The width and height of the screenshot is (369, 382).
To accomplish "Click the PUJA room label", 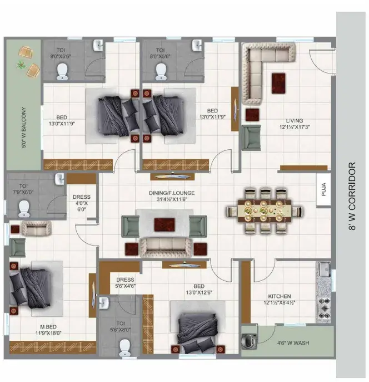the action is pos(323,189).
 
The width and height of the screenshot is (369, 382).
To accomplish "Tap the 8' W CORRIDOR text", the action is pos(352,196).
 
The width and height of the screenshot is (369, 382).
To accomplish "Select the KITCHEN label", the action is pos(280,296).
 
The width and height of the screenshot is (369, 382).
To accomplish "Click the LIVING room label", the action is pos(295,121).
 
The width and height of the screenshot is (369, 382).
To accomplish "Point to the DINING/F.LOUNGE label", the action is pos(172,193).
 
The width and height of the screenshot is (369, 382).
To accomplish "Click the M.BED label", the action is pos(48,327).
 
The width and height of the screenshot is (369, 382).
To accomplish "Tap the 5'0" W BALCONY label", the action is pos(24,128).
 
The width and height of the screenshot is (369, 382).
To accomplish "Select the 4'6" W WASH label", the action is pos(293,343).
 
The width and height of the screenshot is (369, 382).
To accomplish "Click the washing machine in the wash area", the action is pos(248,340).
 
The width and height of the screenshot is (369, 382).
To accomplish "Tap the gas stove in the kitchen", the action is pos(325,308).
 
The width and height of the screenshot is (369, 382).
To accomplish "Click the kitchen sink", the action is pos(324,269).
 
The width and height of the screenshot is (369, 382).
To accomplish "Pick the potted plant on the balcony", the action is pos(21,65).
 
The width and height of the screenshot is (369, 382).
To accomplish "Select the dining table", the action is pos(264,210).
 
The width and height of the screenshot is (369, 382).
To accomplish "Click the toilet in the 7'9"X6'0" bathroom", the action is pos(24,208).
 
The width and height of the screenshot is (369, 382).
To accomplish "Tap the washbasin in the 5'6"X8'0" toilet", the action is pos(104,303).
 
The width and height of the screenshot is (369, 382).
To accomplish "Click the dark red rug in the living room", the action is pos(278,83).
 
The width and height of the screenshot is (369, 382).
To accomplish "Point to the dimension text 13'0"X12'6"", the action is pos(199,292).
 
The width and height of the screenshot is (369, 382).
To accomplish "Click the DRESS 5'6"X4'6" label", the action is pos(125,283).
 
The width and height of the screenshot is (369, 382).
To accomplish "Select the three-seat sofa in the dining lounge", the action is pos(165,247).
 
